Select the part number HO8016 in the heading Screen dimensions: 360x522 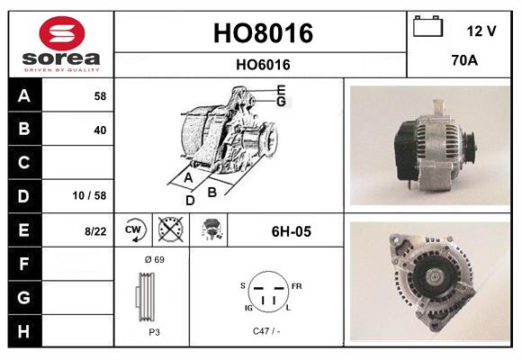262,33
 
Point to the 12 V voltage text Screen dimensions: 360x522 481,31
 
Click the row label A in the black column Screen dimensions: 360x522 23,94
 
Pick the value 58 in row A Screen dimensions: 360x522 99,94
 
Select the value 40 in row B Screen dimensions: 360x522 99,130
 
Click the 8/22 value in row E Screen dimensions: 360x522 94,231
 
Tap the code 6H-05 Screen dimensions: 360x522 291,231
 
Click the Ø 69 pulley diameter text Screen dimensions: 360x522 154,259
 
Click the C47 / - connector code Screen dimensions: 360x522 265,332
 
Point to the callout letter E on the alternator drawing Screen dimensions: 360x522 281,89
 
